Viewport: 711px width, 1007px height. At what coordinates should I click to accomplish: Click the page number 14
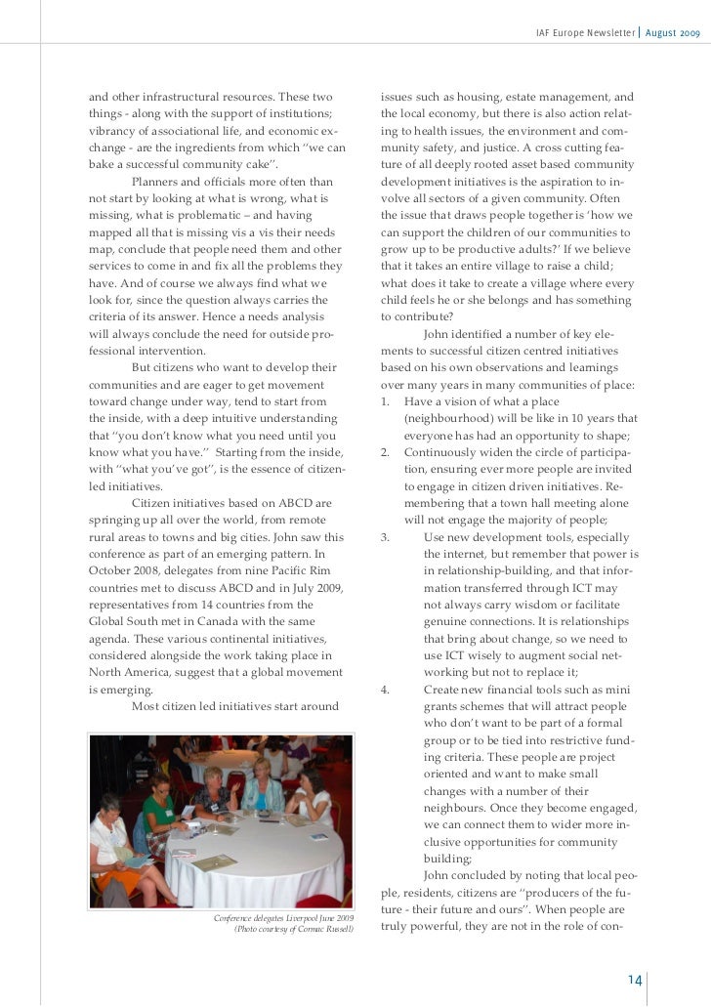coord(634,981)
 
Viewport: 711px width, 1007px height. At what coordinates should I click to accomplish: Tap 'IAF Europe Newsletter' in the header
coord(584,35)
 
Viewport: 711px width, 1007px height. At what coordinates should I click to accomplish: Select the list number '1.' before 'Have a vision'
coord(387,401)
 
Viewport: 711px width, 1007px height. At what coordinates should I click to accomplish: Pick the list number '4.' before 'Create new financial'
coord(387,690)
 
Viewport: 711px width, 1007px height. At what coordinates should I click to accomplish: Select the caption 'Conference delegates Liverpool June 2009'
coord(283,919)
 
